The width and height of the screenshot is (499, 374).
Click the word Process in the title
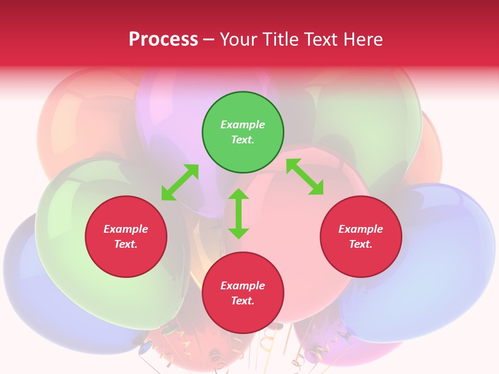click(163, 39)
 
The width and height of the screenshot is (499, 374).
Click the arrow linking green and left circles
click(180, 182)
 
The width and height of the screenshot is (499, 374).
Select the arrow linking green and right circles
click(305, 177)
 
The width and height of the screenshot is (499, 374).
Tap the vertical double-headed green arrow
click(239, 213)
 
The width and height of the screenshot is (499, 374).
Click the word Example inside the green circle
click(243, 125)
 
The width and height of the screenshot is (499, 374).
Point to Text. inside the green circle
click(243, 140)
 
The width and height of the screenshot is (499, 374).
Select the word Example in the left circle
click(126, 229)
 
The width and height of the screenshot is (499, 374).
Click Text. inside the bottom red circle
click(243, 301)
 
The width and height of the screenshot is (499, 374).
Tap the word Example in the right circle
click(361, 229)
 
